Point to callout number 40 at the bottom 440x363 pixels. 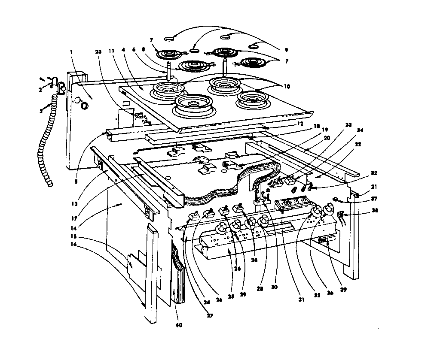[179, 325]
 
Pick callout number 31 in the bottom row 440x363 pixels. [301, 299]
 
